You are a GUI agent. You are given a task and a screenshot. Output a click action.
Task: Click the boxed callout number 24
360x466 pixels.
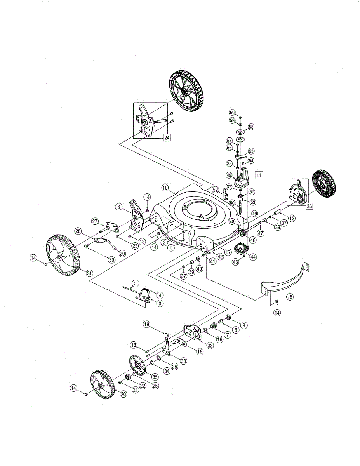coord(167,137)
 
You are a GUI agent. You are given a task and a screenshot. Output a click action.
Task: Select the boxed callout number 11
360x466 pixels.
coord(259,175)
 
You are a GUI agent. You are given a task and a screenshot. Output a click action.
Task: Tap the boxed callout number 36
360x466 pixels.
coord(309,206)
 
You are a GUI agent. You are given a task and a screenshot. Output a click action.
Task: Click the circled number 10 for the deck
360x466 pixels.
coord(165,188)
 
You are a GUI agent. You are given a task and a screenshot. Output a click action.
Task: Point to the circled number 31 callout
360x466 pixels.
coord(90,273)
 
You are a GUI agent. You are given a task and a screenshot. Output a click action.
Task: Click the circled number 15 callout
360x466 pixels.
coord(290,297)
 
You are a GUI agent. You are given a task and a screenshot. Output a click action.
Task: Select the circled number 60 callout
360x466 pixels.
coord(232,112)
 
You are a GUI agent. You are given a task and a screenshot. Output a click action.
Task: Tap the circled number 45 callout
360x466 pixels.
coord(229,175)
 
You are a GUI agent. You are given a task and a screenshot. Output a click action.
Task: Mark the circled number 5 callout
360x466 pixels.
coord(135,283)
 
